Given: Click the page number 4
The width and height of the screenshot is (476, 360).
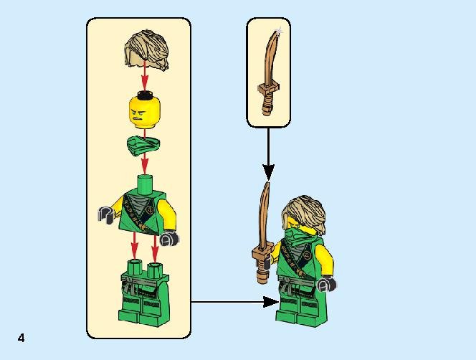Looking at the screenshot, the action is point(21,338).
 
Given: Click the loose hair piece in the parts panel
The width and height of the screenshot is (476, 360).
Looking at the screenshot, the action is point(146,50).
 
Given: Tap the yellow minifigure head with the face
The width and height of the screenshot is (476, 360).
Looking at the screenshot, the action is point(145,112).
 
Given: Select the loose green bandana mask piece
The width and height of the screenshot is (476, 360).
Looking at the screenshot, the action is point(143,146).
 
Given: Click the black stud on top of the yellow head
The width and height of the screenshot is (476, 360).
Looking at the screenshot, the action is point(145,95).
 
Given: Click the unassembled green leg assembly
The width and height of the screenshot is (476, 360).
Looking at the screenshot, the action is point(144,293).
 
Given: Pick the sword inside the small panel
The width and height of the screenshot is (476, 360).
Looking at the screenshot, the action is point(269,73).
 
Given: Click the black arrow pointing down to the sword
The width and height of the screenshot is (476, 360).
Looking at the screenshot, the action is point(268,154).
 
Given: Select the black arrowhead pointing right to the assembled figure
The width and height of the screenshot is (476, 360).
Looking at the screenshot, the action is point(271,302).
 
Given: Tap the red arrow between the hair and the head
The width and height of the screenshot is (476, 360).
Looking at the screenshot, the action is point(145,76).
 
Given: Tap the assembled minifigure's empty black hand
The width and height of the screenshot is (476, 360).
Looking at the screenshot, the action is point(327,285).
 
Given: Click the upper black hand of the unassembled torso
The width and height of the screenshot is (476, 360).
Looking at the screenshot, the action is point(105,214).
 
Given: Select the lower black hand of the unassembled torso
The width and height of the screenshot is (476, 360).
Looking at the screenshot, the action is point(169,238).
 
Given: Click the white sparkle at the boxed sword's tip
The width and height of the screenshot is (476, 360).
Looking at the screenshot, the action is point(279,30).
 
